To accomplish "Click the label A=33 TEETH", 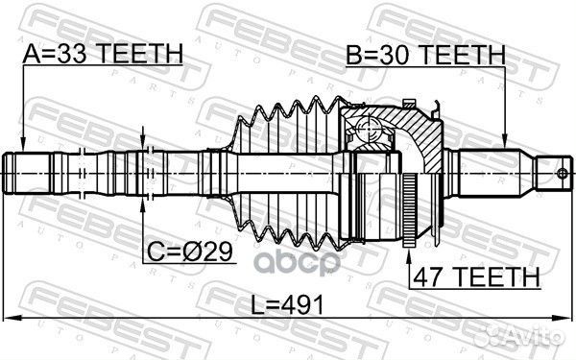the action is (x=103, y=54).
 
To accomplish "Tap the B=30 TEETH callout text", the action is (x=425, y=55).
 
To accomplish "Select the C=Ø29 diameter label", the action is (x=189, y=252).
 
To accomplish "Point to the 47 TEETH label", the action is (x=476, y=276).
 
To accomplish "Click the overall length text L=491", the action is (x=287, y=304).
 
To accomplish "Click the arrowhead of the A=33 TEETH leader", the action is (x=23, y=145).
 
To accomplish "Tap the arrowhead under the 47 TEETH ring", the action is (x=409, y=254).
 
